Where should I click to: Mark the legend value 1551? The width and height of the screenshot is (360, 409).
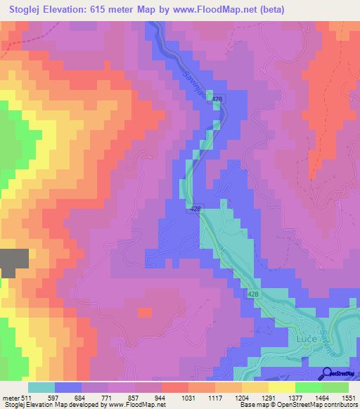[348, 398]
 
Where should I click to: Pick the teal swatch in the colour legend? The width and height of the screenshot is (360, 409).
[41, 387]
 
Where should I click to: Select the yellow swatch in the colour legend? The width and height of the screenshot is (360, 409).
[281, 387]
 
